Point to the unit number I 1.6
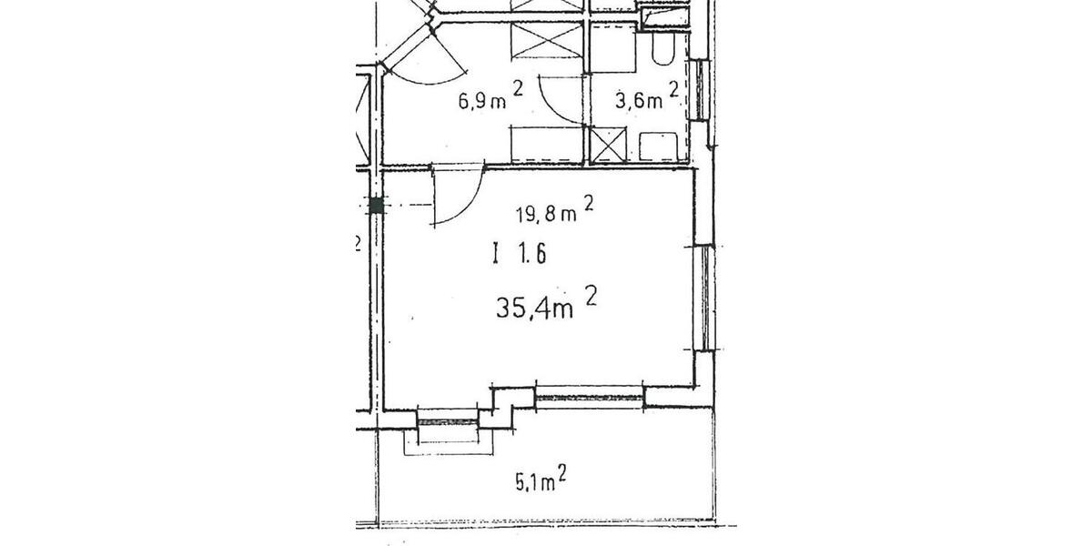[518, 255]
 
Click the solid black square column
[376, 206]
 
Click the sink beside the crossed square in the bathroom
[657, 147]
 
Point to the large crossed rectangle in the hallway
[546, 42]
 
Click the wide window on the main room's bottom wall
[589, 396]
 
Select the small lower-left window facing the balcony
[447, 420]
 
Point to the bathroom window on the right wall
[699, 90]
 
